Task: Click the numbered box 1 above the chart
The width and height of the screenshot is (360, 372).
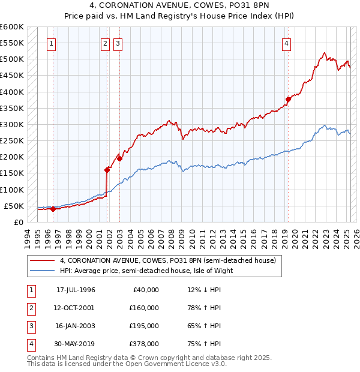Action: [51, 43]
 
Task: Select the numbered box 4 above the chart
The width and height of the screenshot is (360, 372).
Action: [287, 43]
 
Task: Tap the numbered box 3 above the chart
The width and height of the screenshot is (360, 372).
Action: [118, 43]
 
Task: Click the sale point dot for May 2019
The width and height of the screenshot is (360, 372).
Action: [288, 99]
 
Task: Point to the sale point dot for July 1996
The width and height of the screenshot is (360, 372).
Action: [53, 209]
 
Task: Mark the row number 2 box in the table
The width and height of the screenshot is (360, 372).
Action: [30, 308]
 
